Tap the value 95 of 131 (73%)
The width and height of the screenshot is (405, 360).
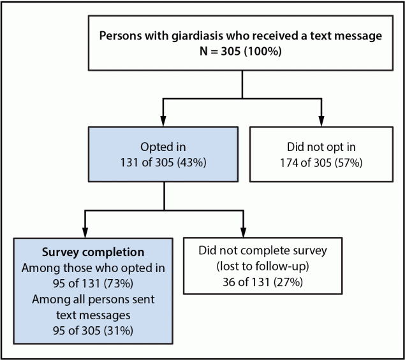click(x=93, y=282)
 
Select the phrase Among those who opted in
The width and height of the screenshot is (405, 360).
click(x=93, y=267)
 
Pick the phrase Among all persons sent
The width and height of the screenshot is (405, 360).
click(x=93, y=298)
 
